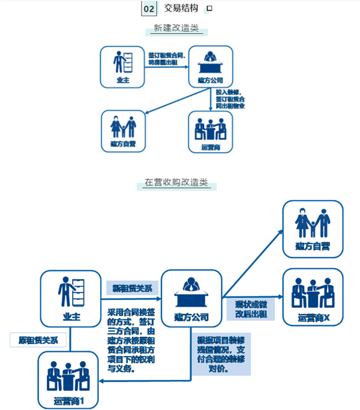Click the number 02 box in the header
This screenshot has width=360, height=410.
149,8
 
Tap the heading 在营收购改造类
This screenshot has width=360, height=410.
176,183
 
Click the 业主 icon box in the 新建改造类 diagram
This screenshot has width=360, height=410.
123,67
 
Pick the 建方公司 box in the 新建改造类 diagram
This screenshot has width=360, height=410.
211,67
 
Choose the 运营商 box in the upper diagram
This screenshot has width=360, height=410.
210,131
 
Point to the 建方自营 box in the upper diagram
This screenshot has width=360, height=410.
122,131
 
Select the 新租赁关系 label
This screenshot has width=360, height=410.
132,288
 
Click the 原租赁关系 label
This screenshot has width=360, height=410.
37,340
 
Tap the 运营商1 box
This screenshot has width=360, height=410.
68,381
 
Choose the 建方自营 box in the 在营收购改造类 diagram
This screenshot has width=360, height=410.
313,228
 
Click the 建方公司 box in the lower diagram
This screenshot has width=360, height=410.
191,299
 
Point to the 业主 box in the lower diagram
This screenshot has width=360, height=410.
71,298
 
